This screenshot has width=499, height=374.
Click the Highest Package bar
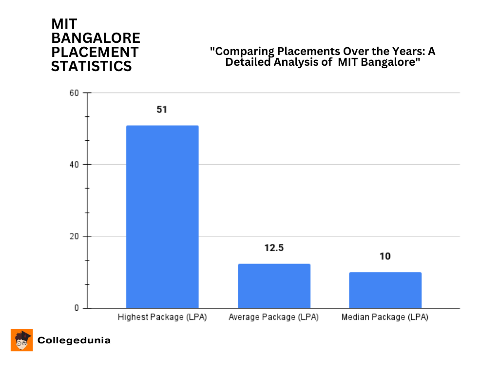coord(162,217)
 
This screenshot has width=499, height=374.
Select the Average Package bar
coord(274,286)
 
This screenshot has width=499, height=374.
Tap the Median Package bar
coord(385,290)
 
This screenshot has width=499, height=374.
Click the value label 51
coord(162,110)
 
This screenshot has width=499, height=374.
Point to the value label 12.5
coord(274,248)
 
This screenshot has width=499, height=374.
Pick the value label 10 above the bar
coord(385,256)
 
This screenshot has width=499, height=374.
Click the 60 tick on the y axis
coord(74,93)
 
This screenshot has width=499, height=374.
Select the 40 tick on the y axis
coord(74,165)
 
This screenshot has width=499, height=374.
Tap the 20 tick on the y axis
coord(74,237)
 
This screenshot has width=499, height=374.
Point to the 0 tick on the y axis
coord(77,308)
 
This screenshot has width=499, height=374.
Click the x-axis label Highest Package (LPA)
coord(162,318)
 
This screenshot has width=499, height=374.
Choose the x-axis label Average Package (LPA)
coord(273,318)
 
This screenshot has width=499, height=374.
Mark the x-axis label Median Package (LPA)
coord(385,318)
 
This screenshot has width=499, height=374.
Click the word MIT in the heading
coord(64,24)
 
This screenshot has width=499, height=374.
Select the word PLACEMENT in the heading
coord(95,52)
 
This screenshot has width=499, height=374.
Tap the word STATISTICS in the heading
coord(92,66)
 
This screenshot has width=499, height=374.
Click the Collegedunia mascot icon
coord(22,340)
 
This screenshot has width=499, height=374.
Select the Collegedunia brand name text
coord(74,340)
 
